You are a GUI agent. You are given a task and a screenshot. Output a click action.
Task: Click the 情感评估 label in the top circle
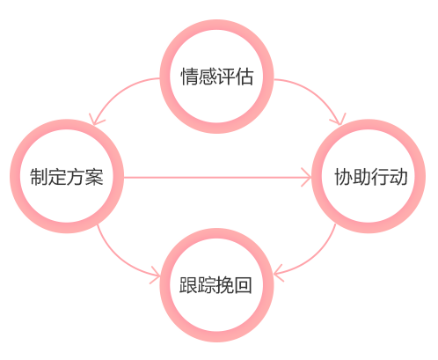pyautogui.click(x=216, y=77)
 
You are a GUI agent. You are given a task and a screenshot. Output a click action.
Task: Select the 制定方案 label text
pyautogui.click(x=67, y=177)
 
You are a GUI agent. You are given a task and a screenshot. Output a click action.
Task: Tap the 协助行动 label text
pyautogui.click(x=371, y=177)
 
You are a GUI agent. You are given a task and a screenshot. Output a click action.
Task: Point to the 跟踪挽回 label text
pyautogui.click(x=215, y=285)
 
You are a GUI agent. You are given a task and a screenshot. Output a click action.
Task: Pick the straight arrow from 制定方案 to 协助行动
pyautogui.click(x=217, y=177)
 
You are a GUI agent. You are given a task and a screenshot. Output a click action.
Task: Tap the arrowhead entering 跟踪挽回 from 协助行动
pyautogui.click(x=278, y=273)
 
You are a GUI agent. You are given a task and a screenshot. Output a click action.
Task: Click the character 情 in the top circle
pyautogui.click(x=189, y=77)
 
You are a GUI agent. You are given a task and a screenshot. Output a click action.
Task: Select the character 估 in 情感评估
pyautogui.click(x=245, y=77)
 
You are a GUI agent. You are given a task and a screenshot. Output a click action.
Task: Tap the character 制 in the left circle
pyautogui.click(x=39, y=177)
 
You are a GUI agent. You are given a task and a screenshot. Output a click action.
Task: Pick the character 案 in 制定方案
pyautogui.click(x=94, y=177)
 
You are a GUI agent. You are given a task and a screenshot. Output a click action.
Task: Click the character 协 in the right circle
pyautogui.click(x=343, y=177)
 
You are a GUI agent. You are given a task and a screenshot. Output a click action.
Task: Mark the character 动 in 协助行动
pyautogui.click(x=398, y=177)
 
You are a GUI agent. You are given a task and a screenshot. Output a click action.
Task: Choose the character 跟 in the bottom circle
pyautogui.click(x=188, y=285)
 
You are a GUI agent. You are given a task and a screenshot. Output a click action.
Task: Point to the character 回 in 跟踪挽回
pyautogui.click(x=244, y=285)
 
